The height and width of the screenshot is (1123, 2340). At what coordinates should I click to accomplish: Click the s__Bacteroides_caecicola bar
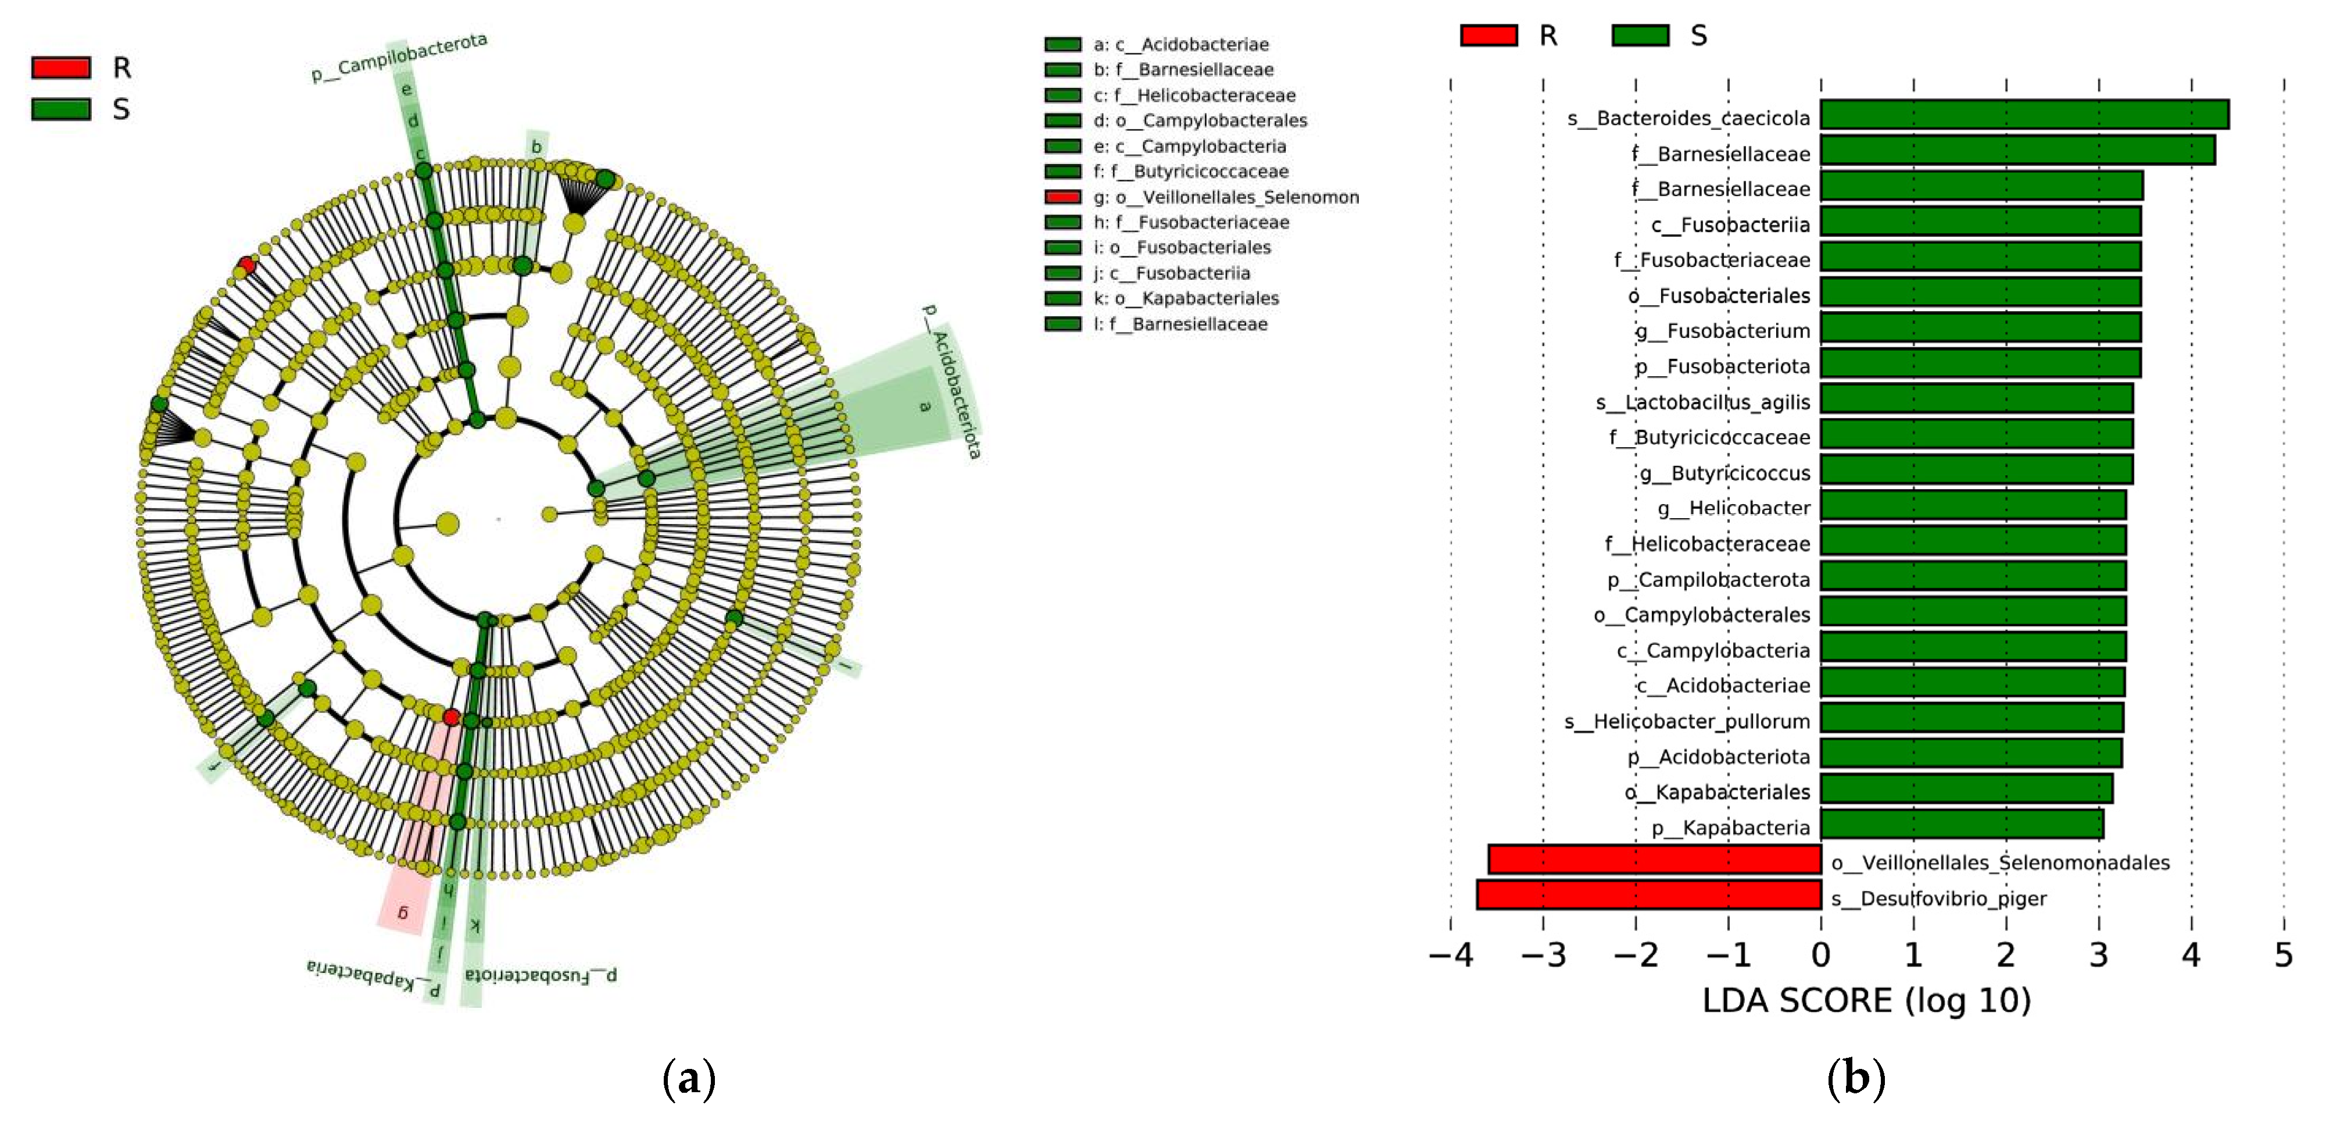[2024, 115]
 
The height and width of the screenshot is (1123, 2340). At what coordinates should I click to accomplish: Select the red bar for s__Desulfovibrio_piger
[1649, 895]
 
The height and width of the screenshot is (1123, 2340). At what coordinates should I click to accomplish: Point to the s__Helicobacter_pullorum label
[1686, 721]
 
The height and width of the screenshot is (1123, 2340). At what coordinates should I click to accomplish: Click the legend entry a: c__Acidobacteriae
[1180, 45]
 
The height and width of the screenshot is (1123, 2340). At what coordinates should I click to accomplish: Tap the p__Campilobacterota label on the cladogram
[400, 57]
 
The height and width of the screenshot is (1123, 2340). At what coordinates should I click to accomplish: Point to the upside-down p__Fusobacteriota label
[541, 975]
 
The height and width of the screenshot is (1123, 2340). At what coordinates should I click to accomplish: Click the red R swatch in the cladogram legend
[61, 67]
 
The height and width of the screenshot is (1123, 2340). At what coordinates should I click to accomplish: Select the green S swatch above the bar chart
[1640, 35]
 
